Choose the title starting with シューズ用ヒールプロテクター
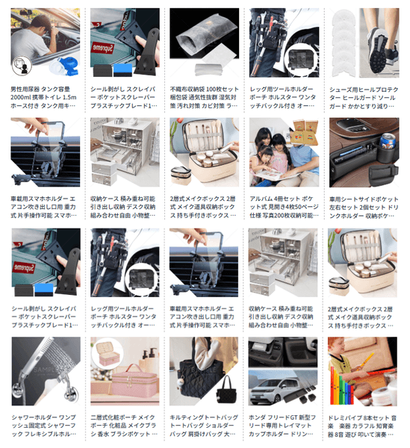(x=364, y=98)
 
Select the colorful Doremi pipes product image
(x=363, y=371)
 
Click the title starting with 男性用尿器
(x=43, y=98)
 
